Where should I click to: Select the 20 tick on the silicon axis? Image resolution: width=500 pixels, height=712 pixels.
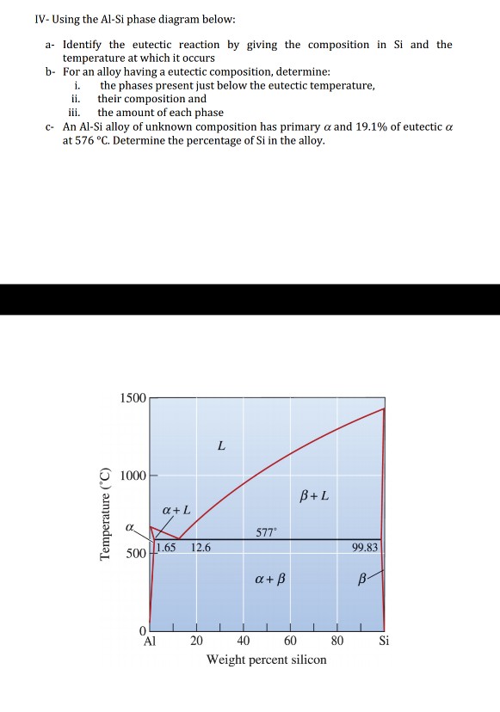[197, 641]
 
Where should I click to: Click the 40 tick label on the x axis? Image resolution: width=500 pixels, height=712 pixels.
[244, 641]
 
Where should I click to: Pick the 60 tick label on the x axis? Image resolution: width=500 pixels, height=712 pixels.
[290, 641]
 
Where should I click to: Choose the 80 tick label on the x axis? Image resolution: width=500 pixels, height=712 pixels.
[337, 641]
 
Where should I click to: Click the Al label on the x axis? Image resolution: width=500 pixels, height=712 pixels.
[150, 641]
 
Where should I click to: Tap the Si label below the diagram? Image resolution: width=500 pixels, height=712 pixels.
[384, 641]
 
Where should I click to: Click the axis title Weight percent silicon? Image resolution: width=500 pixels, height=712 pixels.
[267, 660]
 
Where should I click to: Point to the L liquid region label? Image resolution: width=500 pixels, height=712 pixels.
[221, 445]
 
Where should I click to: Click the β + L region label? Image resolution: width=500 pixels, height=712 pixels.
[313, 496]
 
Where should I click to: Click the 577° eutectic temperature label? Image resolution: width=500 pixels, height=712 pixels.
[267, 532]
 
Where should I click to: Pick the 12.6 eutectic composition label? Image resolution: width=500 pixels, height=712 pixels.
[201, 547]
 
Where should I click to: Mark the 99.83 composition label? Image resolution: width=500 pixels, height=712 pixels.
[366, 547]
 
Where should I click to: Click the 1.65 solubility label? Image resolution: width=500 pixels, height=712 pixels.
[166, 547]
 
